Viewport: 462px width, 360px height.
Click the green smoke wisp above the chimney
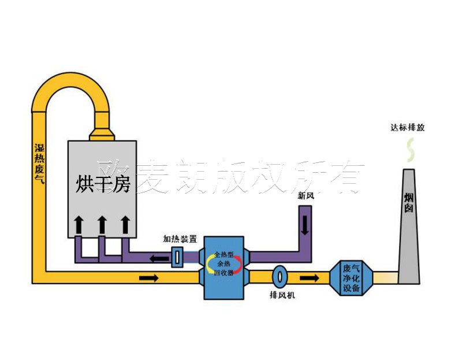(410, 151)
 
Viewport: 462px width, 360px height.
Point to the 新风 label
(306, 196)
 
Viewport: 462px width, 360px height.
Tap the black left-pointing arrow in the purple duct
(155, 257)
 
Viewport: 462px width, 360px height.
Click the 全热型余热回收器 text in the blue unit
(223, 263)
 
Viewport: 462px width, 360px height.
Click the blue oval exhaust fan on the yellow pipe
(280, 276)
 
